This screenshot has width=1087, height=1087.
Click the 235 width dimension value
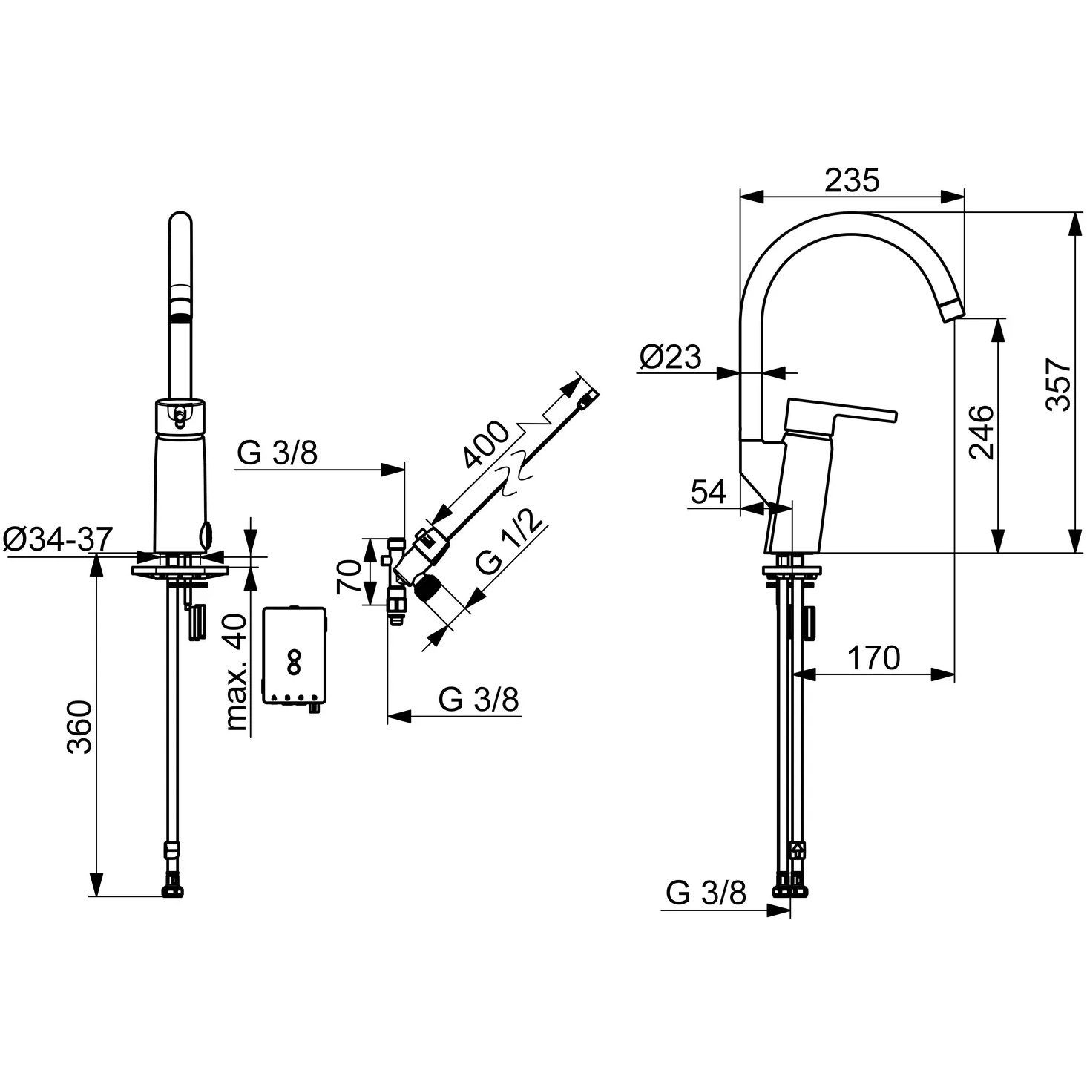point(851,180)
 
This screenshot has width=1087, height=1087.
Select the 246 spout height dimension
point(982,432)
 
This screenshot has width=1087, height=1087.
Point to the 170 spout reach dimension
point(874,657)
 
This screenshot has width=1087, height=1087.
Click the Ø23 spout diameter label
point(670,356)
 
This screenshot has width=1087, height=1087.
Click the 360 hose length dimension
point(79,728)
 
